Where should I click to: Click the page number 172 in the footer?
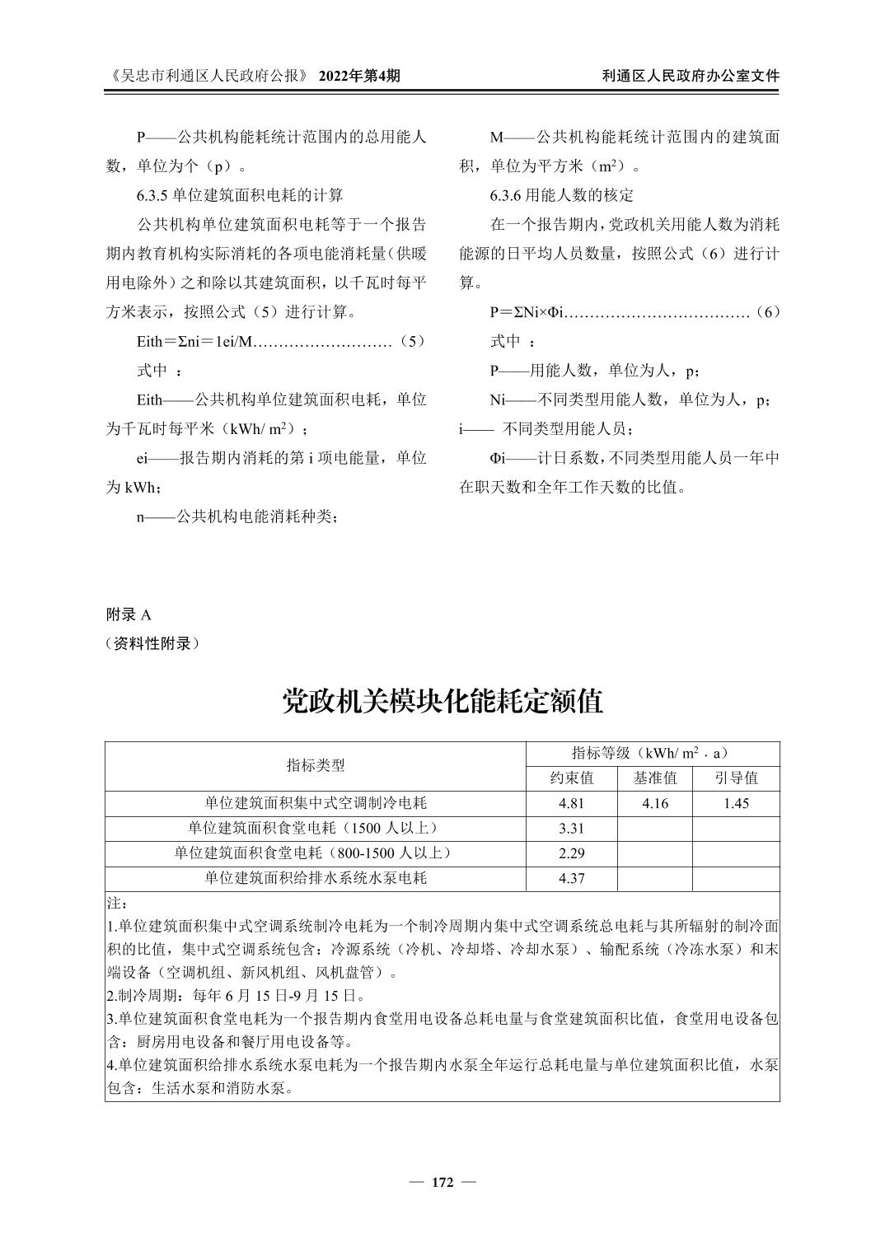pos(442,1183)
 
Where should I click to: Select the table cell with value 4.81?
pos(571,803)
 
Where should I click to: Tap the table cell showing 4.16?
pos(655,803)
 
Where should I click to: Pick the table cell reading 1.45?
pos(736,803)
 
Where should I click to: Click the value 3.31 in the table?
pos(571,829)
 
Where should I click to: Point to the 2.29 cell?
pos(571,853)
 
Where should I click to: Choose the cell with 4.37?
pos(571,878)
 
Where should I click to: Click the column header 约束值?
pos(572,778)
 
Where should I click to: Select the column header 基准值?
pos(655,778)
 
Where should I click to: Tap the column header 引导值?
pos(736,778)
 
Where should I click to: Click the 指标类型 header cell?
pos(316,765)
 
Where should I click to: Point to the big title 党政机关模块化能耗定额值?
pos(442,701)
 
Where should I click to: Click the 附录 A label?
pos(129,614)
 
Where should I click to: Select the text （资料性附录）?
pos(153,643)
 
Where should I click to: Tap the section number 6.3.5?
pos(152,195)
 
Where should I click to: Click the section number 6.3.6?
pos(506,195)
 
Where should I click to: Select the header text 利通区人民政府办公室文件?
pos(691,76)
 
